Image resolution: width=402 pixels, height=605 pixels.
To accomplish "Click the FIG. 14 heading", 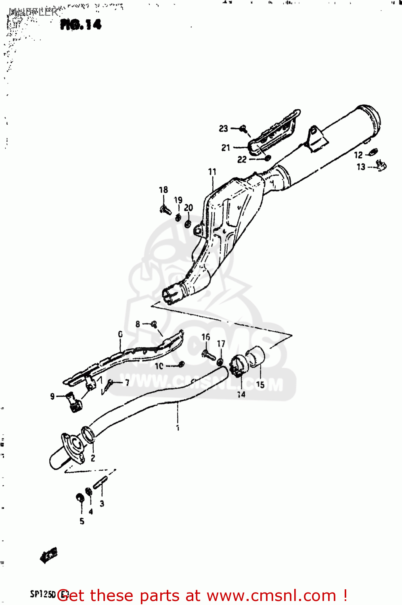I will pos(81,25).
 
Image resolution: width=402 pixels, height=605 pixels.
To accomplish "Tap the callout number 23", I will pos(223,129).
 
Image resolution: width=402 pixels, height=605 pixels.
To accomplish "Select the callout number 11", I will pos(212,172).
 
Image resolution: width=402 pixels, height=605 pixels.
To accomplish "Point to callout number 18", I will pos(163,190).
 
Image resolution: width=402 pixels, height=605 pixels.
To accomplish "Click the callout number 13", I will pos(361,167).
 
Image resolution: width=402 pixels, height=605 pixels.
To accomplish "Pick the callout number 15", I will pos(260,385).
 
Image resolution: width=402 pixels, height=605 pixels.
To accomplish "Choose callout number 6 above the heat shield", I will pos(120,334).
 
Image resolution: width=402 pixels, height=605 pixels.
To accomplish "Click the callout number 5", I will pos(82,521).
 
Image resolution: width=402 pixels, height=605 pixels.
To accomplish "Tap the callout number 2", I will pos(93,458).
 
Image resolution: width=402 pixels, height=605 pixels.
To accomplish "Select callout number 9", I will pos(52,396).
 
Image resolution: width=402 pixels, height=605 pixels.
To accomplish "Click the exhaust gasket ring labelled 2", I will pos(88,434).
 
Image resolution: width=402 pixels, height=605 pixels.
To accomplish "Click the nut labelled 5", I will pos(80,498).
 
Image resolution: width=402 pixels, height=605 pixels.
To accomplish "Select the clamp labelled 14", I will pos(237,365).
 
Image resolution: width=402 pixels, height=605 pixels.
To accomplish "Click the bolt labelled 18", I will pos(165,210).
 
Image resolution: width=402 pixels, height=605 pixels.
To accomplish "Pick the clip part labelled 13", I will pos(381,165).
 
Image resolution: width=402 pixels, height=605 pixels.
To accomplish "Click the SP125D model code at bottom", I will pos(43,594).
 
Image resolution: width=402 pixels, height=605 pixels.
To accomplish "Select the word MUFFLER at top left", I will pos(33,12).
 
